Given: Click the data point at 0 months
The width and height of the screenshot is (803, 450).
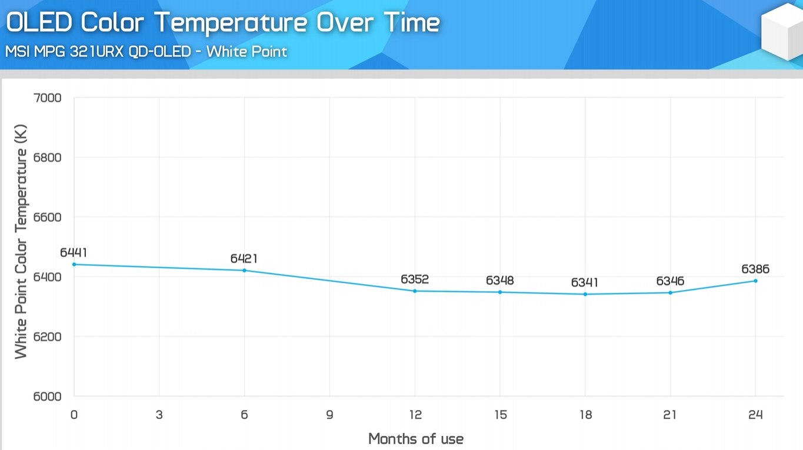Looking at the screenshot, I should point(74,265).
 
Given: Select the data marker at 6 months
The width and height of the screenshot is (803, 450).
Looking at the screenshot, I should point(245,271).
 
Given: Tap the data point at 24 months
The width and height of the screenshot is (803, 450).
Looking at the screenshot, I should point(755,281).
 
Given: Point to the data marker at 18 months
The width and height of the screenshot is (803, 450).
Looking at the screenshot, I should point(585,294).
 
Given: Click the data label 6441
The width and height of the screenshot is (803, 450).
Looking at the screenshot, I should point(74,252).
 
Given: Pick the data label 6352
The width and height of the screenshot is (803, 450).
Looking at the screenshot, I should point(415,279).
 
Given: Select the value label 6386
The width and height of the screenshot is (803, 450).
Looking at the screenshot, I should point(755,269).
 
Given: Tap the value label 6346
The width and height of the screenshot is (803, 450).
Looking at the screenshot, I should point(670,281).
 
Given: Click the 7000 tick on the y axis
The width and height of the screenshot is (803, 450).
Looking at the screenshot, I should point(48,98).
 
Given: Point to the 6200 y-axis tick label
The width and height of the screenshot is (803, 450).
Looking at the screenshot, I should point(48,336).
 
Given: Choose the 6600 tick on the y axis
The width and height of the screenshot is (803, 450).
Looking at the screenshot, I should point(48,217).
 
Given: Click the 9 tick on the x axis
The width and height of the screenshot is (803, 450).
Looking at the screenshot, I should point(329,415).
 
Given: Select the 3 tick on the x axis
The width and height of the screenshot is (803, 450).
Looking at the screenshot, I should point(159,415).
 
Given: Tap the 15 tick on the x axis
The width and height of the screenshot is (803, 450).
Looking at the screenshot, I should point(500,415).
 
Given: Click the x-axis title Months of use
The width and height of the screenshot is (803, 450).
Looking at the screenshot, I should point(416,439).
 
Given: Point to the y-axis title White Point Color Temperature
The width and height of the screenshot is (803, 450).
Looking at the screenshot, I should point(21,241).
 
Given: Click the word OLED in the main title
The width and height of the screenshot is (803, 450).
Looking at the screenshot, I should point(39,24).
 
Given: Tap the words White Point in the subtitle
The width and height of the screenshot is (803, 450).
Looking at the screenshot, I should point(246,52).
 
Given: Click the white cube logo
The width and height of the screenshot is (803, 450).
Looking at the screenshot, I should point(782,32).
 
